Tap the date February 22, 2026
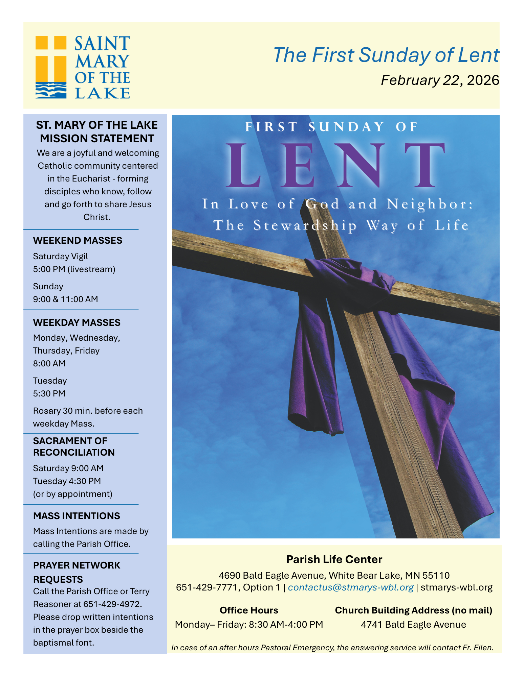[x=440, y=80]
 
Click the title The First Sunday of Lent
[x=386, y=55]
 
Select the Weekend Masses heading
[x=78, y=240]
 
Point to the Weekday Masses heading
[x=77, y=322]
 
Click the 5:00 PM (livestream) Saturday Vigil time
[x=74, y=269]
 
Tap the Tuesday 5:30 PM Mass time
[x=49, y=393]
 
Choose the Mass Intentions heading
[x=77, y=516]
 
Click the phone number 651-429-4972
[x=112, y=604]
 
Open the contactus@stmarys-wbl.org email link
[x=351, y=587]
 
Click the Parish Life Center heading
[x=334, y=559]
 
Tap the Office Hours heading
[x=249, y=610]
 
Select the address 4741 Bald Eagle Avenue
[x=413, y=624]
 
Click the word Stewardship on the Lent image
[x=305, y=225]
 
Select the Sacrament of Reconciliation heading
[x=74, y=446]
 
